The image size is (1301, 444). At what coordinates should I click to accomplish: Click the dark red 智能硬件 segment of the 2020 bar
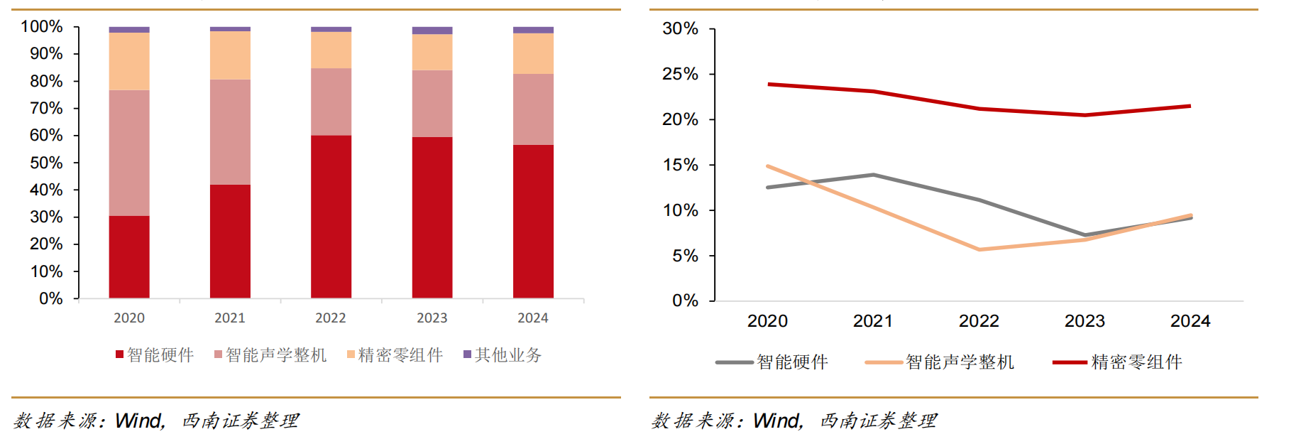point(129,256)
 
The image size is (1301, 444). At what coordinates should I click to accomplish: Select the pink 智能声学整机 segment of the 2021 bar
point(230,132)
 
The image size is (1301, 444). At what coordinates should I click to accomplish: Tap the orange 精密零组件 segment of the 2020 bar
point(129,61)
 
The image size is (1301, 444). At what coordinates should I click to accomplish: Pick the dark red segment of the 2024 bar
point(533,221)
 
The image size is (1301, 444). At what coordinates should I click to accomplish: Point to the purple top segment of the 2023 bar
point(432,31)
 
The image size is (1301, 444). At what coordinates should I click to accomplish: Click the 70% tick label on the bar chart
point(46,109)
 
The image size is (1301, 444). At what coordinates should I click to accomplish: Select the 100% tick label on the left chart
point(42,27)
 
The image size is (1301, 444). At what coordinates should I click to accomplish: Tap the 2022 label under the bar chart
point(331,318)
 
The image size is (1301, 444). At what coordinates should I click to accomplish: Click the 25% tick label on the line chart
point(680,75)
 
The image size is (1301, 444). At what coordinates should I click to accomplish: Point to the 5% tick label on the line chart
point(685,256)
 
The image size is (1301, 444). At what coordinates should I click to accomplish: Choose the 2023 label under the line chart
point(1085,321)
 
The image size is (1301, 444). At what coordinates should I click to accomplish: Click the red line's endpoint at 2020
point(769,85)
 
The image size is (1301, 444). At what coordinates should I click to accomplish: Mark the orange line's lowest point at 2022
point(979,249)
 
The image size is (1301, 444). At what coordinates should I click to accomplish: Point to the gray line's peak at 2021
point(873,175)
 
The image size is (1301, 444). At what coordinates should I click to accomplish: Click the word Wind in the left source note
point(139,421)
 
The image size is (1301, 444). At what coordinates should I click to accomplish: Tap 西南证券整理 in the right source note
point(878,421)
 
